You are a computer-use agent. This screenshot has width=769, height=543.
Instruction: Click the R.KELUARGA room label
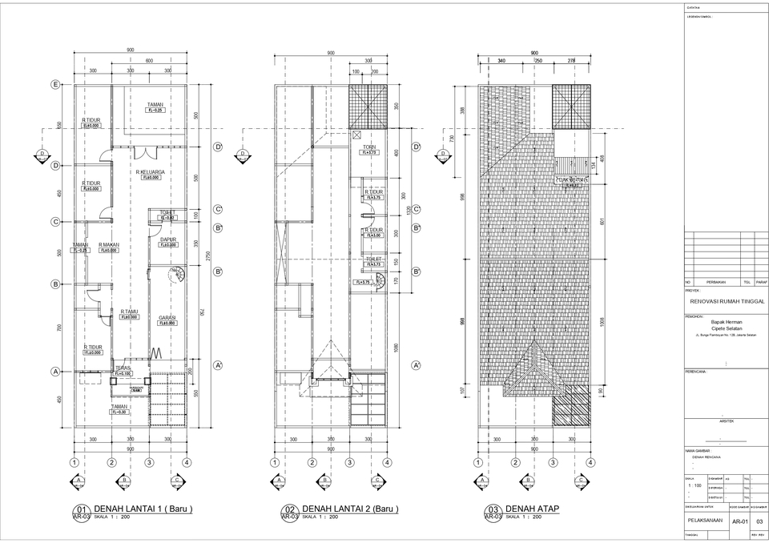click(150, 171)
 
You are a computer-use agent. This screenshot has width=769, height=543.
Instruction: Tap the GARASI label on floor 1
click(167, 317)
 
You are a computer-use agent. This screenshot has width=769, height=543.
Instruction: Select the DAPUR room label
click(167, 239)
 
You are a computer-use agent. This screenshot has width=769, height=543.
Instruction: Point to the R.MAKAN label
click(109, 245)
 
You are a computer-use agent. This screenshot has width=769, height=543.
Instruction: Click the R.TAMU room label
click(130, 312)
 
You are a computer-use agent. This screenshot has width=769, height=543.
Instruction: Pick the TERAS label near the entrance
click(123, 368)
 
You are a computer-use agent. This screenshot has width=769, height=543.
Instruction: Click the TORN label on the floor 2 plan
click(368, 147)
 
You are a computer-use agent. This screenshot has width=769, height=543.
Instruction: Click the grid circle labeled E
click(55, 85)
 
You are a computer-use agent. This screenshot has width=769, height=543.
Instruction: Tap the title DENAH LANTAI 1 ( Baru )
click(143, 509)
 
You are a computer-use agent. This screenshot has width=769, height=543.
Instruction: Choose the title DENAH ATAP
click(532, 509)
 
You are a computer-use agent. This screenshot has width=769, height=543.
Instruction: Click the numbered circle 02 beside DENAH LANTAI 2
click(288, 510)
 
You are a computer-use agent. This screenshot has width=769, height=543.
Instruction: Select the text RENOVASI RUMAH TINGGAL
click(726, 301)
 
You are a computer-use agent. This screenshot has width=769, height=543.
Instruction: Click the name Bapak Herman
click(726, 323)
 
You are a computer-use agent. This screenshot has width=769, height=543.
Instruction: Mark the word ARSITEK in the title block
click(726, 420)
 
